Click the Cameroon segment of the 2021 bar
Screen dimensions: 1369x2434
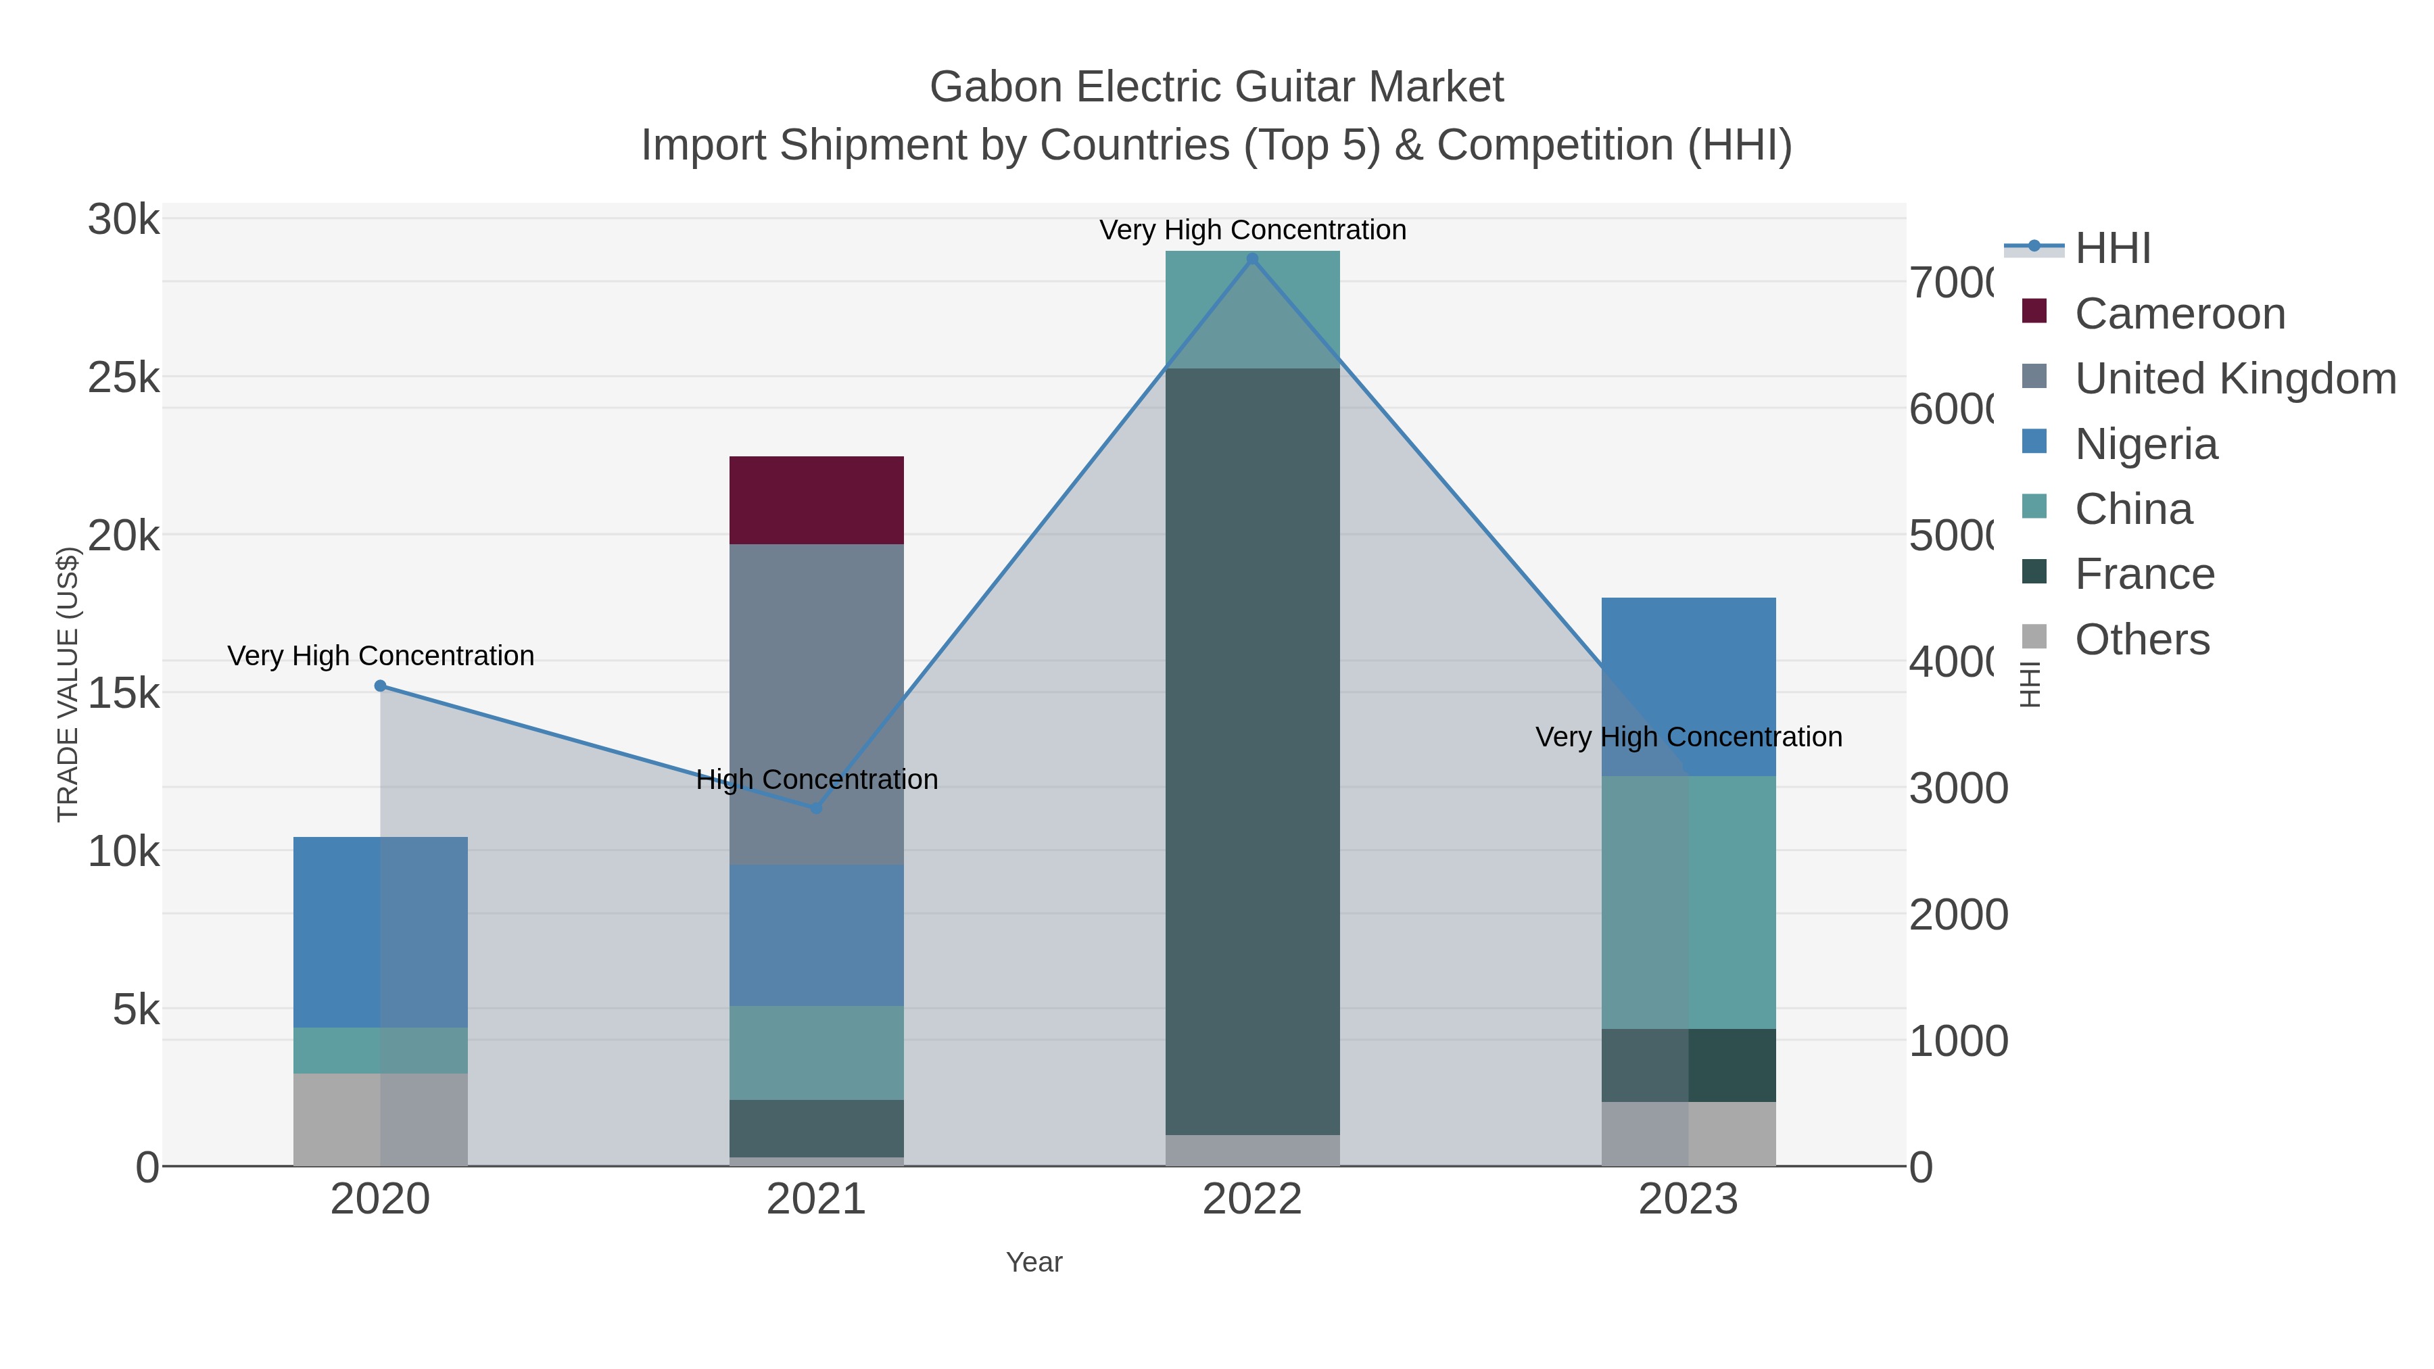[x=816, y=500]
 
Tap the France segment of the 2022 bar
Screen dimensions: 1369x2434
[x=1252, y=751]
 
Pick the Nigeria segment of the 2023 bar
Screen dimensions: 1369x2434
[x=1688, y=686]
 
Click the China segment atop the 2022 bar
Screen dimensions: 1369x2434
[x=1252, y=309]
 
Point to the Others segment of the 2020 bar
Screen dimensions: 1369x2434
[x=380, y=1119]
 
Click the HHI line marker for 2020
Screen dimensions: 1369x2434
[x=380, y=686]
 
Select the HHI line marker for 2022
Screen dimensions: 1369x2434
[x=1252, y=259]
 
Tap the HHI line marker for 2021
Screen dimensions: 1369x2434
[x=816, y=808]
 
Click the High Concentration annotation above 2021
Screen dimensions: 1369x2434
[x=816, y=779]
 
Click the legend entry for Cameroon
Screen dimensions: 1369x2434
[x=2179, y=314]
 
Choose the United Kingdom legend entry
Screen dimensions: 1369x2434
[x=2235, y=379]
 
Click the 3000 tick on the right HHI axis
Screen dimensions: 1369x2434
[x=1958, y=788]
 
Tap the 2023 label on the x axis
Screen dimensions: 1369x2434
[x=1688, y=1199]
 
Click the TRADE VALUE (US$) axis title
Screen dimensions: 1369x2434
[x=68, y=684]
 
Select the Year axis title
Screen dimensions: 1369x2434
[x=1034, y=1262]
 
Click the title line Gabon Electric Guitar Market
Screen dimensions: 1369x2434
[x=1216, y=87]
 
